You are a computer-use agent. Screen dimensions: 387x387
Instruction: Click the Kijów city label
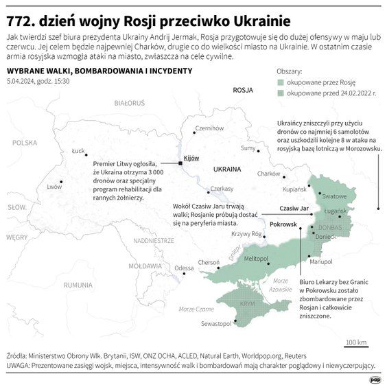(x=191, y=158)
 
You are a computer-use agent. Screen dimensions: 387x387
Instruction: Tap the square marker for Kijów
(x=180, y=163)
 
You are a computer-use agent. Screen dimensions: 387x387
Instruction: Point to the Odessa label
(x=184, y=268)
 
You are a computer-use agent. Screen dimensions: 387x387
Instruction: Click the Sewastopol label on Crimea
(x=215, y=324)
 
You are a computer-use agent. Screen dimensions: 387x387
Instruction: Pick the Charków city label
(x=268, y=174)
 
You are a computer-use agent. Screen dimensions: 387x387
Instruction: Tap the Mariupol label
(x=320, y=262)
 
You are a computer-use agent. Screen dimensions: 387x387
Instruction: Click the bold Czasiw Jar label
(x=295, y=208)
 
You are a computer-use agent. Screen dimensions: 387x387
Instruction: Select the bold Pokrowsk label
(x=283, y=224)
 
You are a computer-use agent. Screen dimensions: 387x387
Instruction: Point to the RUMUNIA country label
(x=78, y=284)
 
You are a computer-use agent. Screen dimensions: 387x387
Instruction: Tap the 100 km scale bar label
(x=355, y=341)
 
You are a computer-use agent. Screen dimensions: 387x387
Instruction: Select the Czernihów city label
(x=209, y=128)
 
